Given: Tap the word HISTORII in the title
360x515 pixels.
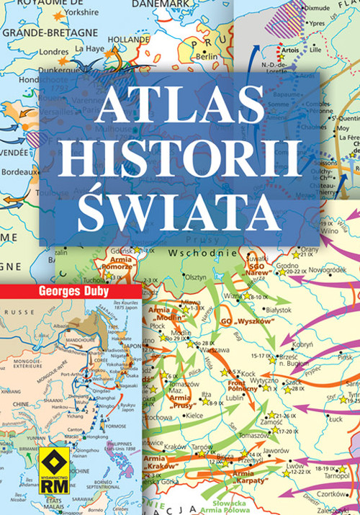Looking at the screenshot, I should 179,153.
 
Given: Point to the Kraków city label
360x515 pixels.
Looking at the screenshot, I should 175,447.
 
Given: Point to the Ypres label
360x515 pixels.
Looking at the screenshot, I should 297,24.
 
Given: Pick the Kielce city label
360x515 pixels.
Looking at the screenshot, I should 194,415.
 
